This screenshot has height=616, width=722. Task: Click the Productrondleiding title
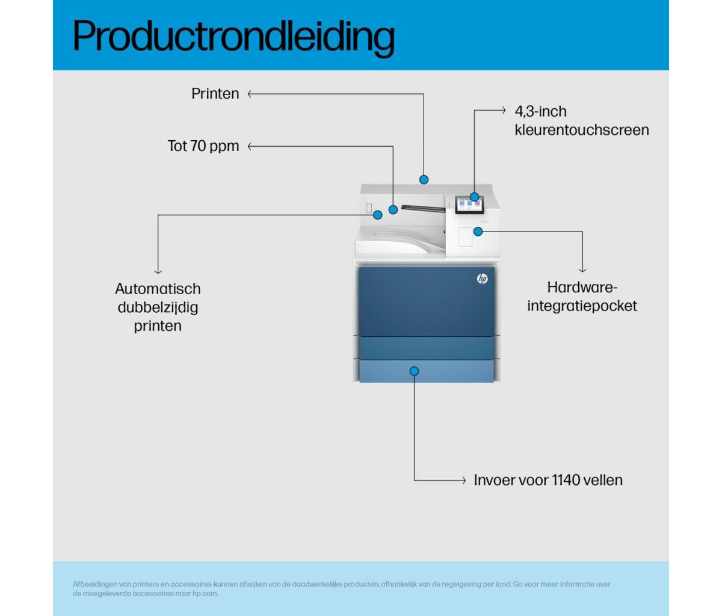[x=233, y=37]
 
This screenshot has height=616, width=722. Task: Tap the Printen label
[x=215, y=94]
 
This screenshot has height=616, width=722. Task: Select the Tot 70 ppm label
[x=203, y=146]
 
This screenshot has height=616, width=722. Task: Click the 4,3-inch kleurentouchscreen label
[x=582, y=120]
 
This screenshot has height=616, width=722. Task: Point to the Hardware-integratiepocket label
[x=582, y=297]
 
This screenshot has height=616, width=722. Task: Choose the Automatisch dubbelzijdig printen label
[x=158, y=307]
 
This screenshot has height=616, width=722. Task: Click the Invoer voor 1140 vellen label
[x=548, y=480]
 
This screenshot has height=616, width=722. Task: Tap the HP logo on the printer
[x=483, y=279]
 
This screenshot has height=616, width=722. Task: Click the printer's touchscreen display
[x=469, y=205]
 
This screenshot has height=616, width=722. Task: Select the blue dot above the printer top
[x=424, y=179]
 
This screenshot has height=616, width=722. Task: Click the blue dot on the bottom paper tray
[x=415, y=371]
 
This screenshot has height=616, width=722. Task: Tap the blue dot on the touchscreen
[x=474, y=197]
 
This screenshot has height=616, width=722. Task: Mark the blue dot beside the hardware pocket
[x=478, y=231]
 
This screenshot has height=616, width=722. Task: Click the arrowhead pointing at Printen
[x=250, y=94]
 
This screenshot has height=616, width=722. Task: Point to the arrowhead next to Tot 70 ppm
[x=250, y=146]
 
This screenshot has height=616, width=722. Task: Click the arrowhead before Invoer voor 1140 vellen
[x=464, y=481]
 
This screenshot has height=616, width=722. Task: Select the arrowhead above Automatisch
[x=158, y=271]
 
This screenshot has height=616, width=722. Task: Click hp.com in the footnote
[x=205, y=594]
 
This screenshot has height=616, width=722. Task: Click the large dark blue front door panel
[x=427, y=301]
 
